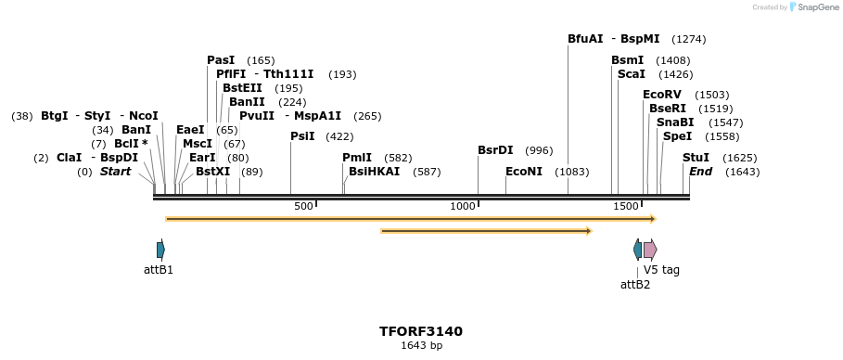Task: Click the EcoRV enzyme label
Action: (662, 95)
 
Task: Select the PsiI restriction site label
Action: (302, 136)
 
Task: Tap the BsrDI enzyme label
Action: (495, 150)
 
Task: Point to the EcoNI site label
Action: (524, 172)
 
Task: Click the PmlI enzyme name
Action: (357, 158)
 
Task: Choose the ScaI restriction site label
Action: (631, 74)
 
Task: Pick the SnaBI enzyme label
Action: (675, 122)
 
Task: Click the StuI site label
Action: (696, 158)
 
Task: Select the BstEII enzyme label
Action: (242, 88)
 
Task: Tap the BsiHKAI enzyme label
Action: (375, 172)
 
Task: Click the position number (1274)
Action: (689, 39)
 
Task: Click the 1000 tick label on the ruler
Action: (462, 205)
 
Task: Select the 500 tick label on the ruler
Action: (303, 205)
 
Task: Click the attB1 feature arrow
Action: (161, 249)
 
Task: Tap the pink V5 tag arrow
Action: (650, 249)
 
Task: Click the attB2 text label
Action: (635, 285)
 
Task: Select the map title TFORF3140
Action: (421, 331)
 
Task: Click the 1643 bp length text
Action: (421, 346)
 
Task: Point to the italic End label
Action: (701, 172)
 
